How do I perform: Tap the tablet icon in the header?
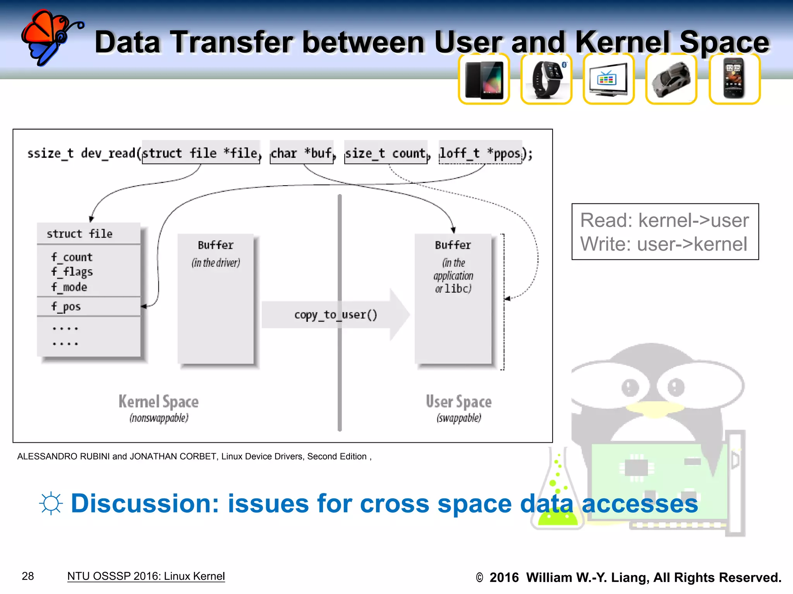pyautogui.click(x=484, y=80)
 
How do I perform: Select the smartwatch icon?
pyautogui.click(x=546, y=80)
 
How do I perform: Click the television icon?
pyautogui.click(x=608, y=80)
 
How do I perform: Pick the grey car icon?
pyautogui.click(x=671, y=80)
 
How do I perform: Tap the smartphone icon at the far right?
pyautogui.click(x=734, y=80)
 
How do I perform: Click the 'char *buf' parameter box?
pyautogui.click(x=302, y=153)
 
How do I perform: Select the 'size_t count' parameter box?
pyautogui.click(x=386, y=153)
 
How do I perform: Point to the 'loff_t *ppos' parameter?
pyautogui.click(x=481, y=153)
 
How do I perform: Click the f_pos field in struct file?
pyautogui.click(x=66, y=307)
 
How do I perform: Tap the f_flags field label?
pyautogui.click(x=72, y=272)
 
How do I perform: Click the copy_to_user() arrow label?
pyautogui.click(x=335, y=315)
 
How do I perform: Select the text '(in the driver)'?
pyautogui.click(x=216, y=263)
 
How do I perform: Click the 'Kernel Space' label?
pyautogui.click(x=159, y=402)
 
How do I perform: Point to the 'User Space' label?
pyautogui.click(x=459, y=402)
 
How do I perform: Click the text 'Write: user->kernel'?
pyautogui.click(x=664, y=244)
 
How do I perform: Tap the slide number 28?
pyautogui.click(x=28, y=576)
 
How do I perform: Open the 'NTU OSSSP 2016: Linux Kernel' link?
pyautogui.click(x=146, y=576)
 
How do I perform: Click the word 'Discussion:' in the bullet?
pyautogui.click(x=145, y=504)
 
